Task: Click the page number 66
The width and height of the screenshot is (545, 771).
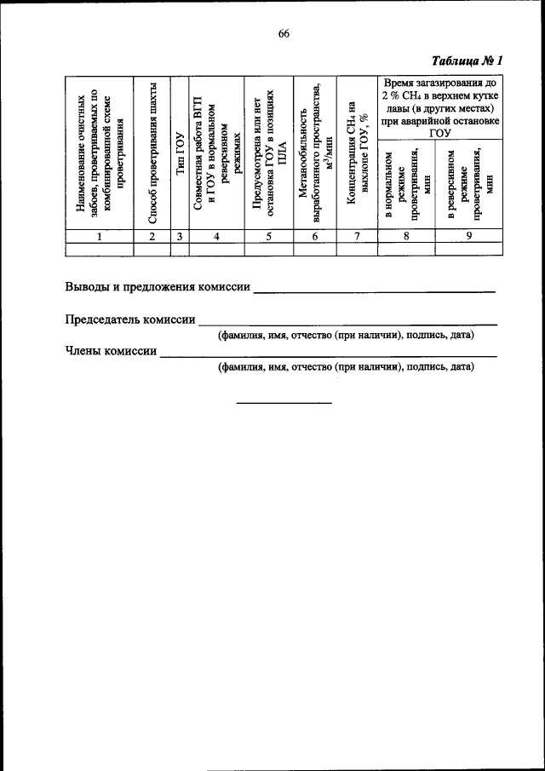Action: (x=284, y=33)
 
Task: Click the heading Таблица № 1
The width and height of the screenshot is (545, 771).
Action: (x=468, y=61)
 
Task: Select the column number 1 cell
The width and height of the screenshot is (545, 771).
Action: (x=99, y=237)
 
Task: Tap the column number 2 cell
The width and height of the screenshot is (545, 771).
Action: (x=151, y=237)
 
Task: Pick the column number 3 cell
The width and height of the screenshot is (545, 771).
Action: (x=180, y=237)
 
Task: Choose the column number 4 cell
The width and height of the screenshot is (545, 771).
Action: (x=216, y=237)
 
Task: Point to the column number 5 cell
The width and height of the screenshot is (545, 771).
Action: (x=267, y=237)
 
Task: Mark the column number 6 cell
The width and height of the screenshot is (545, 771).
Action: (x=314, y=237)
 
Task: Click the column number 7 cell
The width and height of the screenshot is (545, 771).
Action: (x=357, y=237)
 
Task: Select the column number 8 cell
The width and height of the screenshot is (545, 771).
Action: (x=406, y=237)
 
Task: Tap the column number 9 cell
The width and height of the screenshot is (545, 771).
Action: (x=468, y=237)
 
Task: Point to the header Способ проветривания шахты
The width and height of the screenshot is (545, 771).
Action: (x=152, y=153)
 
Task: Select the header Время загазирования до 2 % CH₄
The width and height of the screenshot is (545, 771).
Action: (x=439, y=106)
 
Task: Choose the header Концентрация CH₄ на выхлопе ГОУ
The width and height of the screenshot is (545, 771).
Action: (x=358, y=153)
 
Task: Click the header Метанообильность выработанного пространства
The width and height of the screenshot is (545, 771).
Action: (x=315, y=153)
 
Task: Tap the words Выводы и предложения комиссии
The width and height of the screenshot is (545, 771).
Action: (x=158, y=287)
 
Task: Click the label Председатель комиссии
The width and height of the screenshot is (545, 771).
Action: (x=130, y=319)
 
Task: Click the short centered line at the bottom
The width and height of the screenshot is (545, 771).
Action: (x=284, y=401)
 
